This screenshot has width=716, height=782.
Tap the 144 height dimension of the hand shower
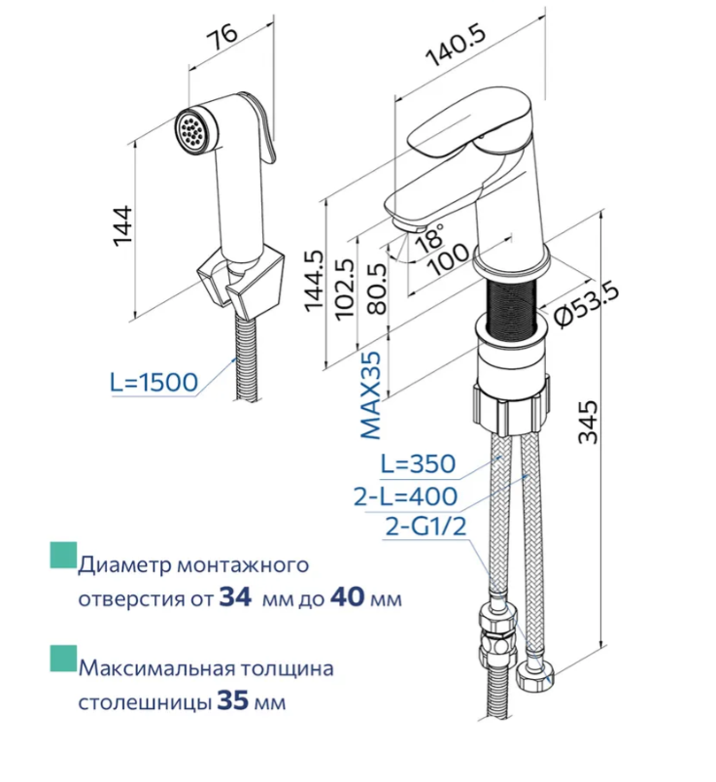pos(122,225)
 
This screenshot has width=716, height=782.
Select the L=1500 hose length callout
pos(153,383)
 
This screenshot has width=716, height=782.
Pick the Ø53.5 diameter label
pos(587,305)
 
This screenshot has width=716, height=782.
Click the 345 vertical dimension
pos(588,422)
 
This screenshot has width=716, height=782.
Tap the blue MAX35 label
pos(370,395)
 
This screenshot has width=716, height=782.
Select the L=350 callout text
pos(418,463)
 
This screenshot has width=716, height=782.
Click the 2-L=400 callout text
pos(405,495)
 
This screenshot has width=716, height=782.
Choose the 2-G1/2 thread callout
pos(426,527)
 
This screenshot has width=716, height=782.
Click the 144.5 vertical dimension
pos(314,282)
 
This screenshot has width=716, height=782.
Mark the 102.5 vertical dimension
pos(345,288)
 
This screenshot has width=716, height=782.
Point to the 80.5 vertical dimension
pos(377,289)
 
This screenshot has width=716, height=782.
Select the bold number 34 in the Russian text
pos(235,597)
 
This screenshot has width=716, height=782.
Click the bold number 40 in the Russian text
pos(347,597)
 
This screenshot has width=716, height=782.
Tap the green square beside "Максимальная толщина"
pos(63,659)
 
